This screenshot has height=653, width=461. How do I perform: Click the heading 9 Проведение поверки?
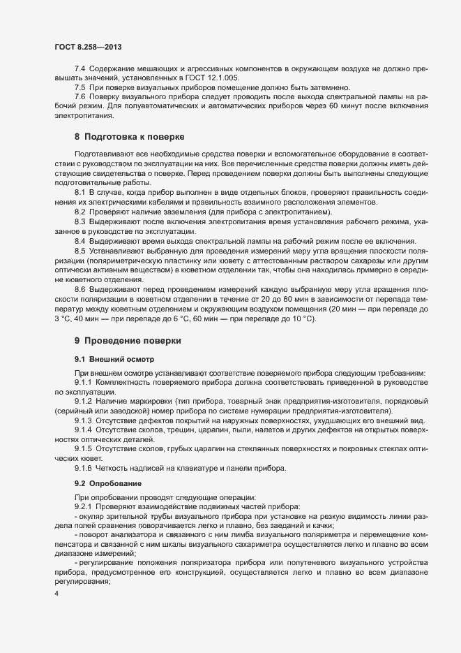[128, 340]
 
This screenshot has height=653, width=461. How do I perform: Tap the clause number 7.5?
[80, 87]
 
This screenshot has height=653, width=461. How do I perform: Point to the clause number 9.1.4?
[83, 431]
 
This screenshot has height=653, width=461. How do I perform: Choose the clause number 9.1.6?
[83, 467]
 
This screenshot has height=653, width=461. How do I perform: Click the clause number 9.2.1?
[83, 506]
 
